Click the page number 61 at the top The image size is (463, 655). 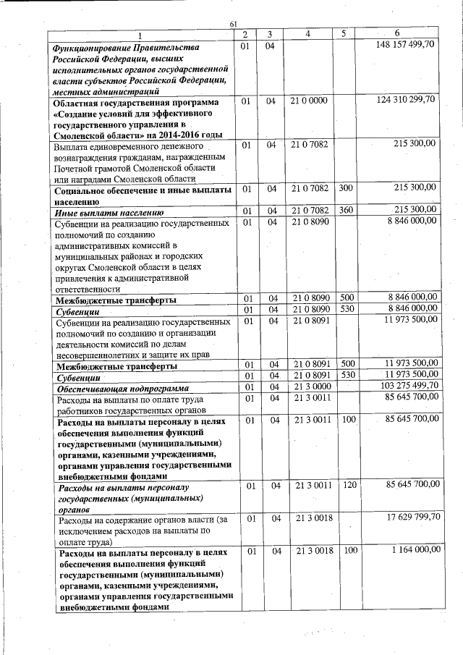pos(234,24)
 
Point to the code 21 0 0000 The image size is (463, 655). pos(309,101)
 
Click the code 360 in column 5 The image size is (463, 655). pos(345,211)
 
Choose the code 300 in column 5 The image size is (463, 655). pos(345,187)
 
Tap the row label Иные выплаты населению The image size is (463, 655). pos(109,213)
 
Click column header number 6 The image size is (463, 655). pos(397,34)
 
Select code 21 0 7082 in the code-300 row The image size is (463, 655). pos(310,187)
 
